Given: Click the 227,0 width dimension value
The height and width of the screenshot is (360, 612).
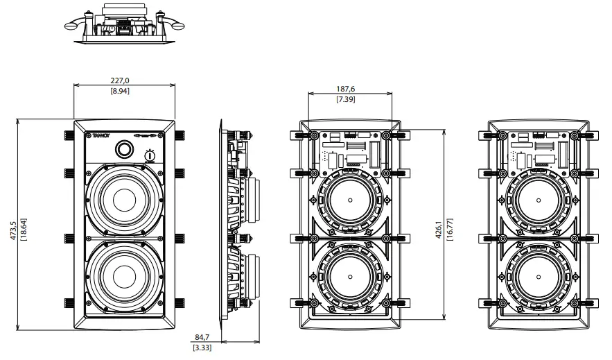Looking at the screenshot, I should click(120, 81).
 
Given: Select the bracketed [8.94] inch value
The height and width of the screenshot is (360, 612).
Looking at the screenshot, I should click(120, 91).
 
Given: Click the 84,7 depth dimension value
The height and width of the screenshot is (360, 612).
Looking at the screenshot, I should click(203, 338).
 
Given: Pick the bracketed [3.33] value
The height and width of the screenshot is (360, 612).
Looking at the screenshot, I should click(203, 347).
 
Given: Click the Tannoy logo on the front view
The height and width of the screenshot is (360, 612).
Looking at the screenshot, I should click(101, 136).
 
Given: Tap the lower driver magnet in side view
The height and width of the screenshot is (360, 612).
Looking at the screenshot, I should click(252, 277).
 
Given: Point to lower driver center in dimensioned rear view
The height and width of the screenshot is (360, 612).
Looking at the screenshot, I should click(349, 273).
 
